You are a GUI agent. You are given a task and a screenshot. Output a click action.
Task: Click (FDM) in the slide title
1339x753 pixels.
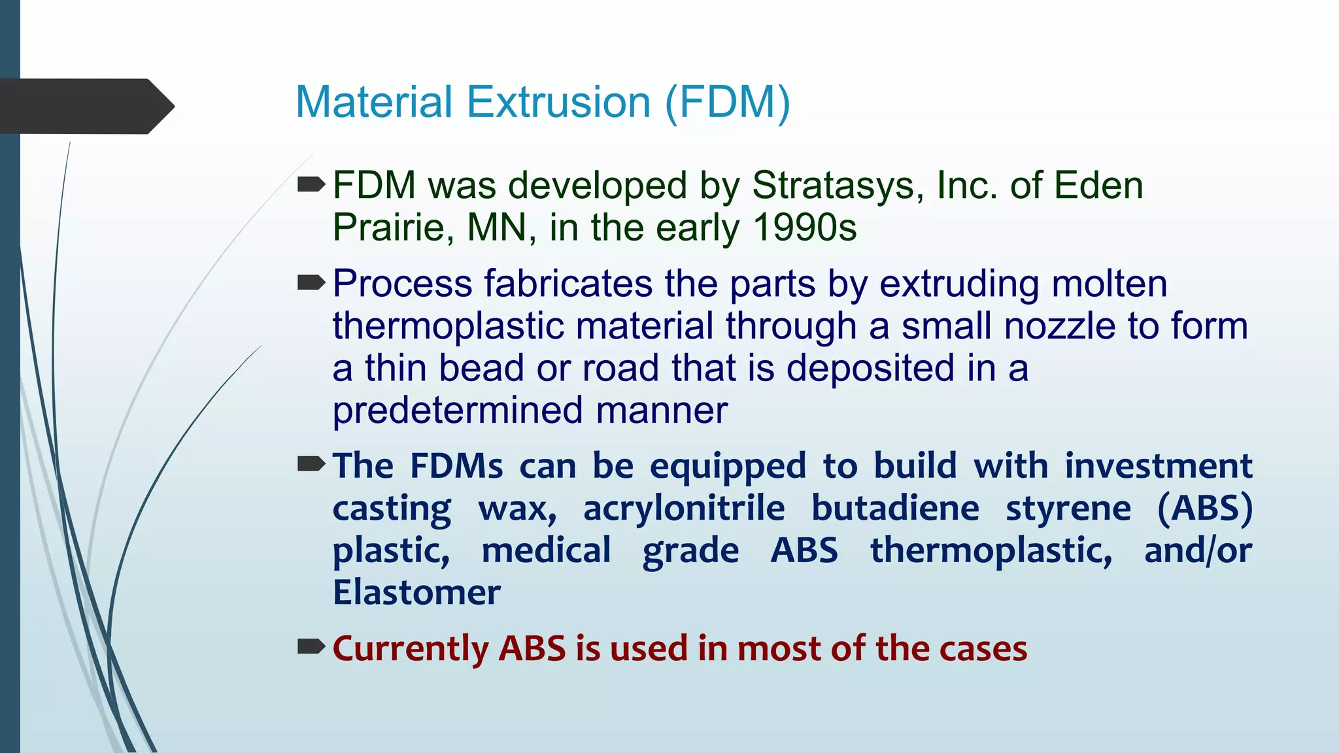point(728,103)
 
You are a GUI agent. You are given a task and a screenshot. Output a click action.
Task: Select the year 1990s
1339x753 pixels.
point(805,227)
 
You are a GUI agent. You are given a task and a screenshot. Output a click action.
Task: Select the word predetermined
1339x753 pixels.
point(458,410)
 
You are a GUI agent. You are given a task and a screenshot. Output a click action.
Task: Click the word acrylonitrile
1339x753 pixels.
point(684,509)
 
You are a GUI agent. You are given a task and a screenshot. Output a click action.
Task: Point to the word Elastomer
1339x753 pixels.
point(416,592)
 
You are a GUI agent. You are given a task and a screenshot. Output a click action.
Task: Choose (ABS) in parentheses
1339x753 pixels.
point(1204,509)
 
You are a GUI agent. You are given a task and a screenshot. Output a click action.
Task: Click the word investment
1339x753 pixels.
point(1158,466)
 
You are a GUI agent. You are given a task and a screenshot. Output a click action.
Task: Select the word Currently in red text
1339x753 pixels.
point(411,648)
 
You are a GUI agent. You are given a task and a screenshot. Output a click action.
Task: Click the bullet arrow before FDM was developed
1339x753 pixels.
point(311,185)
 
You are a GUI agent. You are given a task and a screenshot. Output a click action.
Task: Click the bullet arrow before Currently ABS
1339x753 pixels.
point(311,647)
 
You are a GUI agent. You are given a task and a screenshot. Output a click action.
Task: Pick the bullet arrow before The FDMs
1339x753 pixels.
point(311,465)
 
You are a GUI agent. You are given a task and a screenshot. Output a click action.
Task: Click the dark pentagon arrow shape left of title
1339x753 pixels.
point(85,107)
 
